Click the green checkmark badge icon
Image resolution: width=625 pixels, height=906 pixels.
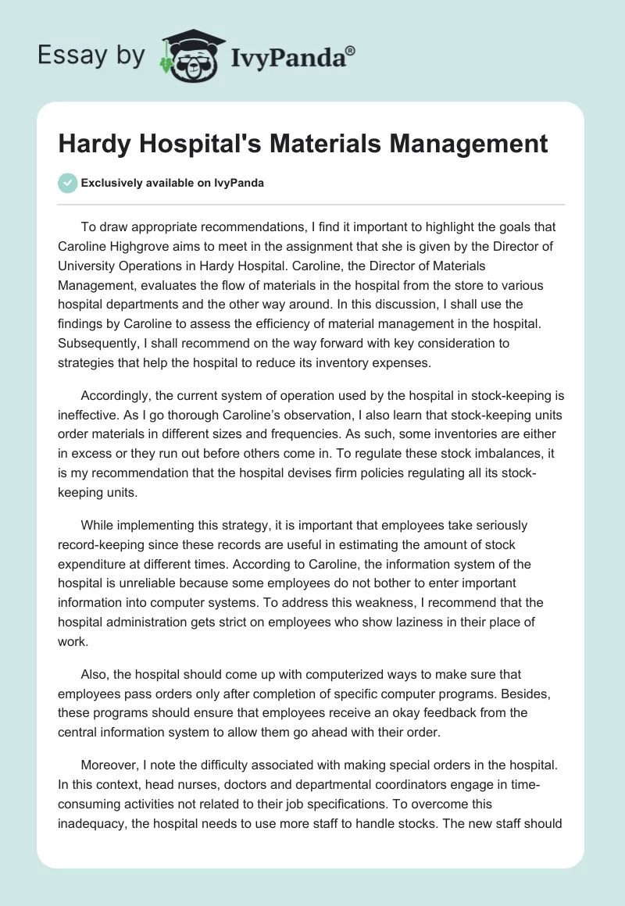[x=68, y=183]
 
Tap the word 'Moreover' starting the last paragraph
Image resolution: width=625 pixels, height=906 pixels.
[x=109, y=763]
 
